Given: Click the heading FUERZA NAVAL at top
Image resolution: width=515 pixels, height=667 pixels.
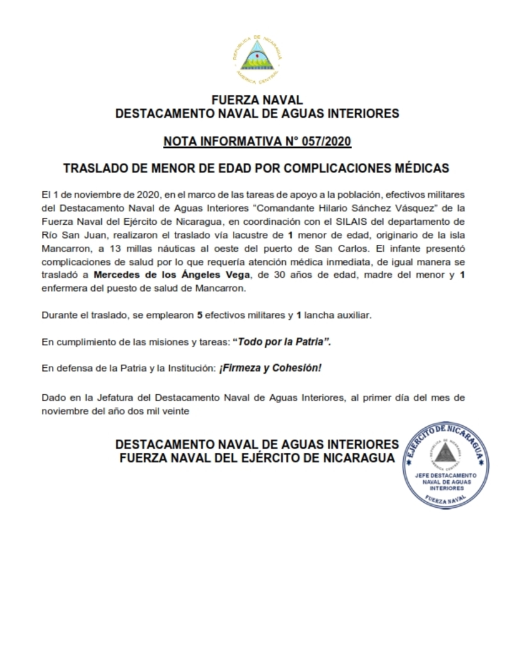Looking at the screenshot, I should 257,100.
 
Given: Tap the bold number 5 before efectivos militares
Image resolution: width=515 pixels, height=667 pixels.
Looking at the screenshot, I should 199,315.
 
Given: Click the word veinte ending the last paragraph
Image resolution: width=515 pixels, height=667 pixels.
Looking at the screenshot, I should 175,410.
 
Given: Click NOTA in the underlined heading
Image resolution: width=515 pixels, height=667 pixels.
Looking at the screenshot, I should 180,142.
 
